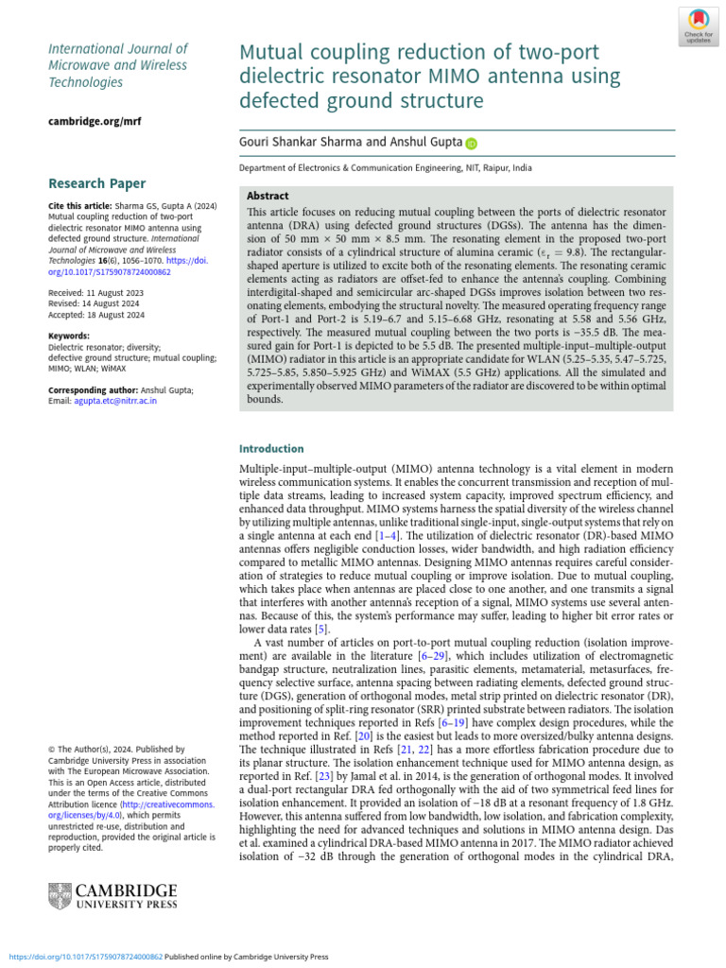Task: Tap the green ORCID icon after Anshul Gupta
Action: click(x=471, y=144)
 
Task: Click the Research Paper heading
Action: click(x=96, y=182)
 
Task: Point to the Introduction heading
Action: click(x=271, y=448)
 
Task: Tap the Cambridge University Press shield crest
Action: click(x=59, y=897)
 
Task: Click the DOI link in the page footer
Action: click(x=85, y=956)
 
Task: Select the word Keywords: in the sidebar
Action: click(x=68, y=336)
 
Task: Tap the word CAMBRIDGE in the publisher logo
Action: click(x=126, y=890)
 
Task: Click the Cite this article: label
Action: click(x=79, y=205)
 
